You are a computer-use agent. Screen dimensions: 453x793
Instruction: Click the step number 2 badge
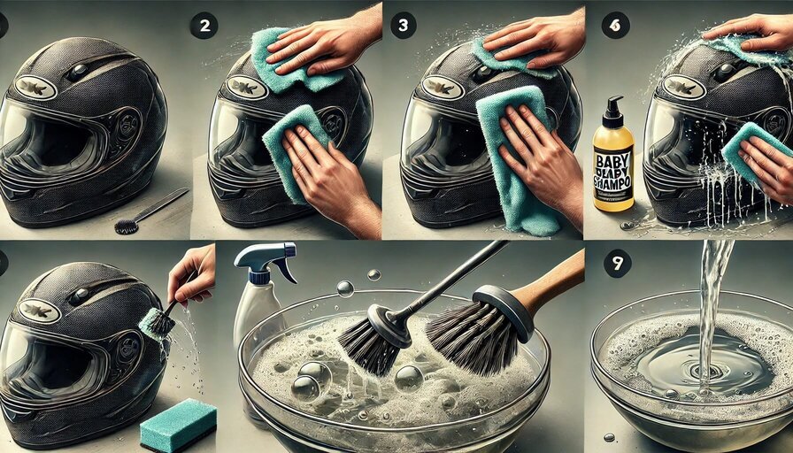coord(203,26)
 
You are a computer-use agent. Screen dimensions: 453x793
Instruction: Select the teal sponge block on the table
coord(178,425)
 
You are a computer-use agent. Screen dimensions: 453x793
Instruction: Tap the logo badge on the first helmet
coord(36,88)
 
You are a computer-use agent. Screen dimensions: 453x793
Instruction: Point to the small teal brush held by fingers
coord(157,323)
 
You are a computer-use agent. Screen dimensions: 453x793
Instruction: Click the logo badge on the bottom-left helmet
coord(39,311)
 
